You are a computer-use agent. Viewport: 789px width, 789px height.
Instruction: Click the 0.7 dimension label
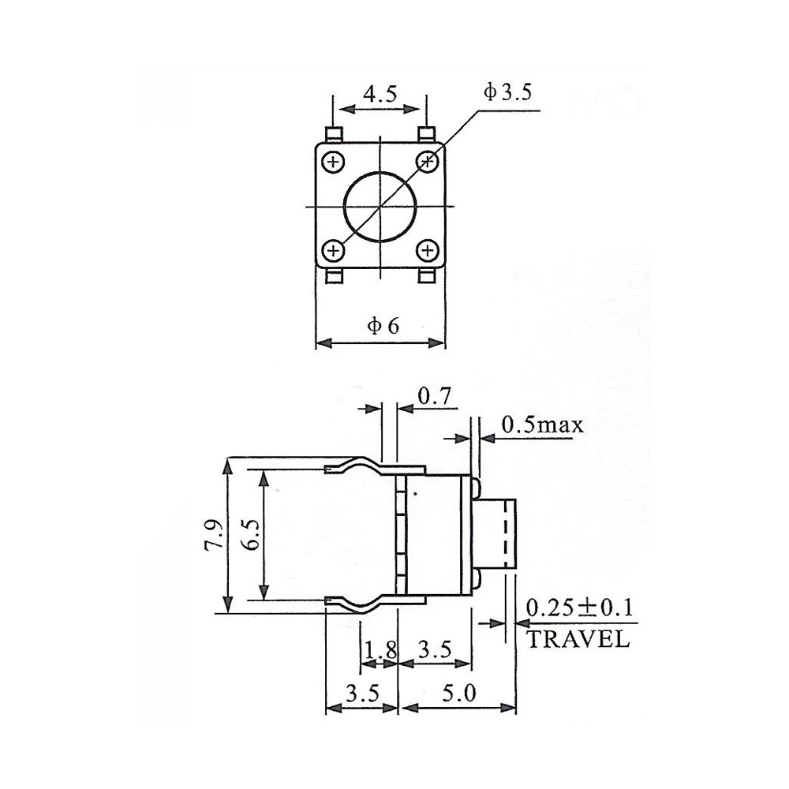[x=435, y=397]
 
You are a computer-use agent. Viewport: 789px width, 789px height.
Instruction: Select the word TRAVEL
[x=578, y=639]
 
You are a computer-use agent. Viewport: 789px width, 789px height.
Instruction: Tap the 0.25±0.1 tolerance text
[x=578, y=608]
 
